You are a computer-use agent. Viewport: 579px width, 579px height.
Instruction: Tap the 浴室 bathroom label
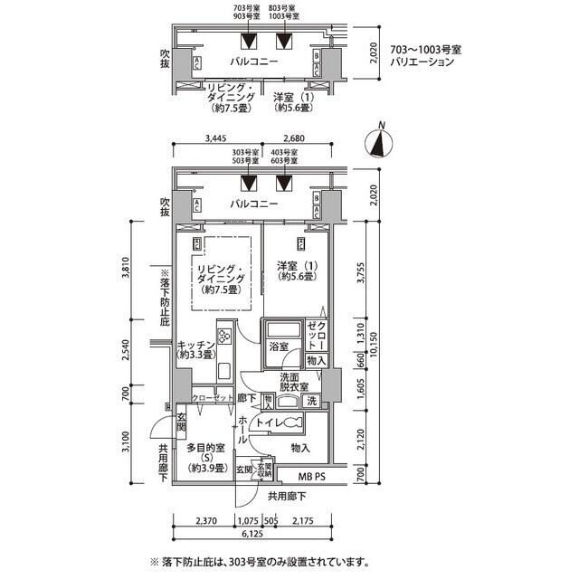278,346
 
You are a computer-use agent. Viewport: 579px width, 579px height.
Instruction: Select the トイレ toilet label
267,422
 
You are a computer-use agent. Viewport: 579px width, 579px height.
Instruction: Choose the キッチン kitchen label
196,349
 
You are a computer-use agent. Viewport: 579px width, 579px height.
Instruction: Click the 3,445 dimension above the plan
215,139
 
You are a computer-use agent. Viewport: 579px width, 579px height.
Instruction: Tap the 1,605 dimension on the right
361,390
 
